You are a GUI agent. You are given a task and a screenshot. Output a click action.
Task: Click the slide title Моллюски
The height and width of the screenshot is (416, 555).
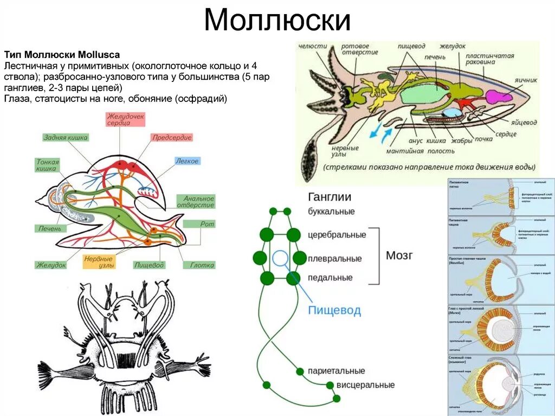(277, 21)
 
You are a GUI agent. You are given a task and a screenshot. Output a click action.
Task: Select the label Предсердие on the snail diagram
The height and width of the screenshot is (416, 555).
(172, 138)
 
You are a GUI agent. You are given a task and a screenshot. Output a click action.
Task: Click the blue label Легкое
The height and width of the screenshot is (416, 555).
(187, 161)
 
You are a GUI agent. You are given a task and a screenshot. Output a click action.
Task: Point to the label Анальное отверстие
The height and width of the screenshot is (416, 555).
(199, 202)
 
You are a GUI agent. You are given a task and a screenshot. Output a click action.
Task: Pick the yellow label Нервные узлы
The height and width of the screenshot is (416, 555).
(100, 261)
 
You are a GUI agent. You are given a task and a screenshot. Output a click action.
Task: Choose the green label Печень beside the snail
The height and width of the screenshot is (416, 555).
(50, 228)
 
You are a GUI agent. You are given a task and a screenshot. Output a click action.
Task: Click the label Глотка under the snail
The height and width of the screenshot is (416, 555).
(202, 265)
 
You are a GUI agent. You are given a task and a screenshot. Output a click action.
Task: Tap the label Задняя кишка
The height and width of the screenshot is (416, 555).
(65, 138)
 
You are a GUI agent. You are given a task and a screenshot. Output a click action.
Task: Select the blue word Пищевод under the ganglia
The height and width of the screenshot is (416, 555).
(334, 310)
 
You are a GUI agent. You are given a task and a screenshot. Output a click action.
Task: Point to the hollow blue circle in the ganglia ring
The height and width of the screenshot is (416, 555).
(280, 258)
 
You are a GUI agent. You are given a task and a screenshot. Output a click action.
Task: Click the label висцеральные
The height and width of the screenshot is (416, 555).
(365, 385)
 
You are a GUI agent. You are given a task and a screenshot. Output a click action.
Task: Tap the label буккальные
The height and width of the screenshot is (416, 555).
(331, 211)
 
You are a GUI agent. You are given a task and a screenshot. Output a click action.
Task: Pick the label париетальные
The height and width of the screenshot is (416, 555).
(337, 371)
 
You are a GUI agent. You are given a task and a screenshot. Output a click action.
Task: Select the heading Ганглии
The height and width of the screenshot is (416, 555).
(330, 197)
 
